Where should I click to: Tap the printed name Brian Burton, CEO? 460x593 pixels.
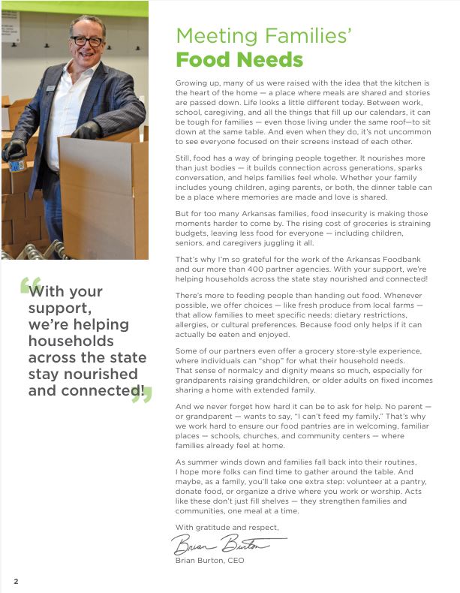[x=209, y=560]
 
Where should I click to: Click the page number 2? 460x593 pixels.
[x=15, y=582]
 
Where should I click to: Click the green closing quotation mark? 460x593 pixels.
[x=140, y=393]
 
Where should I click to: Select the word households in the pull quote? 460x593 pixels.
[x=72, y=341]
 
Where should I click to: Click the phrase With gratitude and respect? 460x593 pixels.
[x=227, y=527]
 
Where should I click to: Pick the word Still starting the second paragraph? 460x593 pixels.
[x=184, y=158]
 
